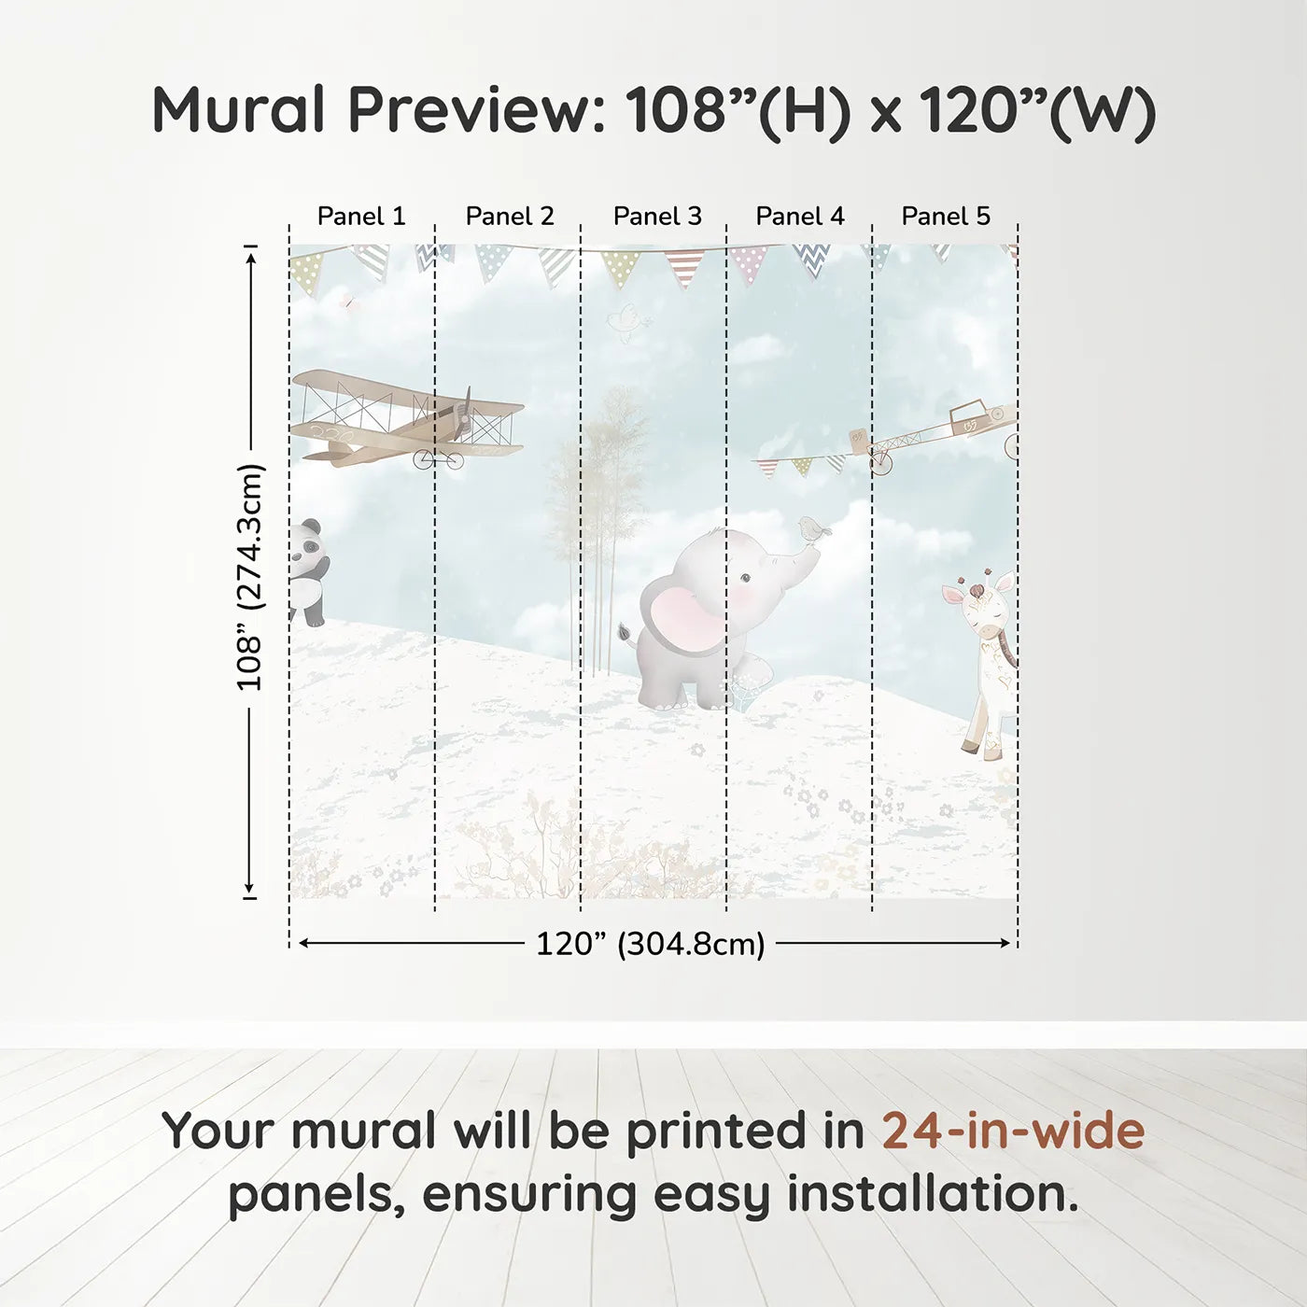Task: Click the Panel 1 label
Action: tap(361, 216)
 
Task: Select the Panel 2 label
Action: tap(510, 216)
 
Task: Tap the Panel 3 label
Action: tap(657, 216)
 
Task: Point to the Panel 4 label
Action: tap(800, 216)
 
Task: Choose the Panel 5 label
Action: tap(946, 216)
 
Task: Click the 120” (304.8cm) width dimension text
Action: tap(651, 944)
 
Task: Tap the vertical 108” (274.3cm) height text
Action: tap(250, 577)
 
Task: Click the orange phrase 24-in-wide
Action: tap(1013, 1131)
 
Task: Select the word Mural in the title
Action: tap(239, 110)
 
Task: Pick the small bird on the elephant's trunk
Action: tap(814, 530)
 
